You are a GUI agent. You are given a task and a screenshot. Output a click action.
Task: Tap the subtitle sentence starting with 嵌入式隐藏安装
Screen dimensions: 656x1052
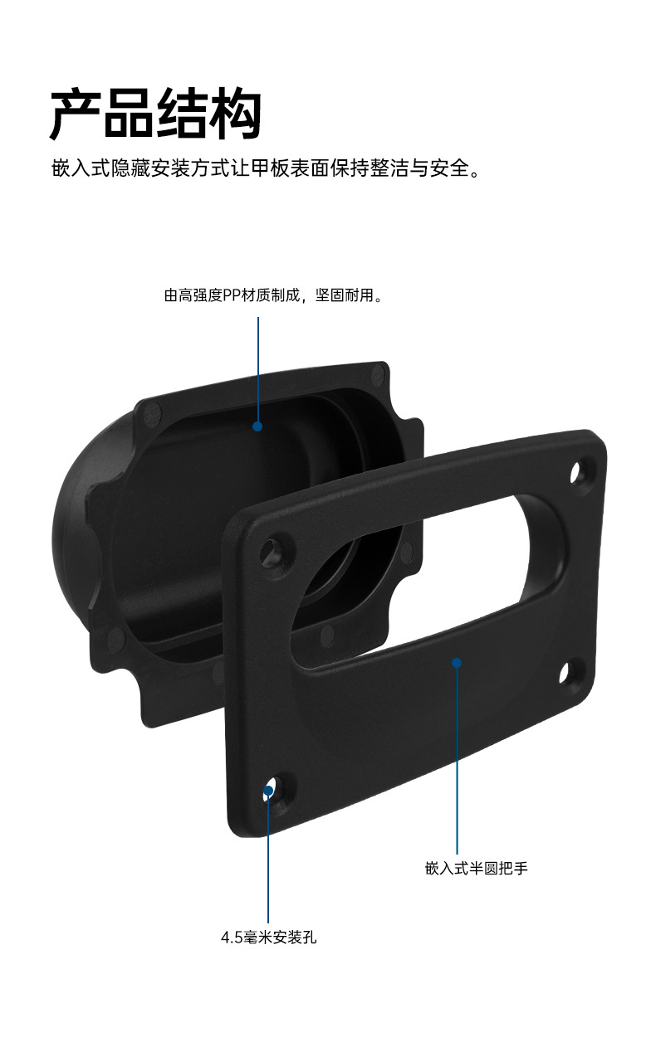coord(266,168)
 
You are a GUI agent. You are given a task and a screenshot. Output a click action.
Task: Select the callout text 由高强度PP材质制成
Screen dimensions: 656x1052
coord(231,295)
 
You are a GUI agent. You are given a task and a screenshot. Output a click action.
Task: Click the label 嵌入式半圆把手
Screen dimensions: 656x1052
coord(476,869)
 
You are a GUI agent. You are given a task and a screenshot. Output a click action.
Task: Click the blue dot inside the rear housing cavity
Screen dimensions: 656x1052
coord(257,426)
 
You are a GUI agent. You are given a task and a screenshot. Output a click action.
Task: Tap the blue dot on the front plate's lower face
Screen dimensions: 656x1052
coord(457,663)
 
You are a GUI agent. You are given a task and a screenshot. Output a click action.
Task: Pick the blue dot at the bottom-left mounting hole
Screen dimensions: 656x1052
coord(268,791)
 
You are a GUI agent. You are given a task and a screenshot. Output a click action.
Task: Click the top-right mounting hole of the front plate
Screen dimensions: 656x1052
coord(576,472)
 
